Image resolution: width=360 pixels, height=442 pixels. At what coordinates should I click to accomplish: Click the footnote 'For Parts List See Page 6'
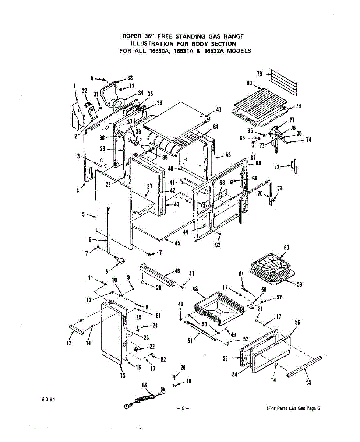[x=294, y=408]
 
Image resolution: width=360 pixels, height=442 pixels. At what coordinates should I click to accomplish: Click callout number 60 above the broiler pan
[x=286, y=247]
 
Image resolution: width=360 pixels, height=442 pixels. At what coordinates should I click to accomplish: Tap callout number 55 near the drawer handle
[x=308, y=383]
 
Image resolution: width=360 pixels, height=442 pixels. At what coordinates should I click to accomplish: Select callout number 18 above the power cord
[x=144, y=385]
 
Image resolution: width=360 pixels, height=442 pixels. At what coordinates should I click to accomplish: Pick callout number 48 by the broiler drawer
[x=195, y=289]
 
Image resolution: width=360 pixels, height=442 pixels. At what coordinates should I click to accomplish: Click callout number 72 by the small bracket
[x=278, y=167]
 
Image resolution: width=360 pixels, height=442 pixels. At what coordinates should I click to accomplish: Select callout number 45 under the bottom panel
[x=177, y=243]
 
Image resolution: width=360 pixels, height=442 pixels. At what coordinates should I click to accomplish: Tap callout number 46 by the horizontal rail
[x=177, y=271]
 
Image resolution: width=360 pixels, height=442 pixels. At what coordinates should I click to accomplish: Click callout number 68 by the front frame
[x=258, y=164]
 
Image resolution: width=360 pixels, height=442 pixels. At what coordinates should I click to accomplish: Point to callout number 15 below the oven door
[x=123, y=375]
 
